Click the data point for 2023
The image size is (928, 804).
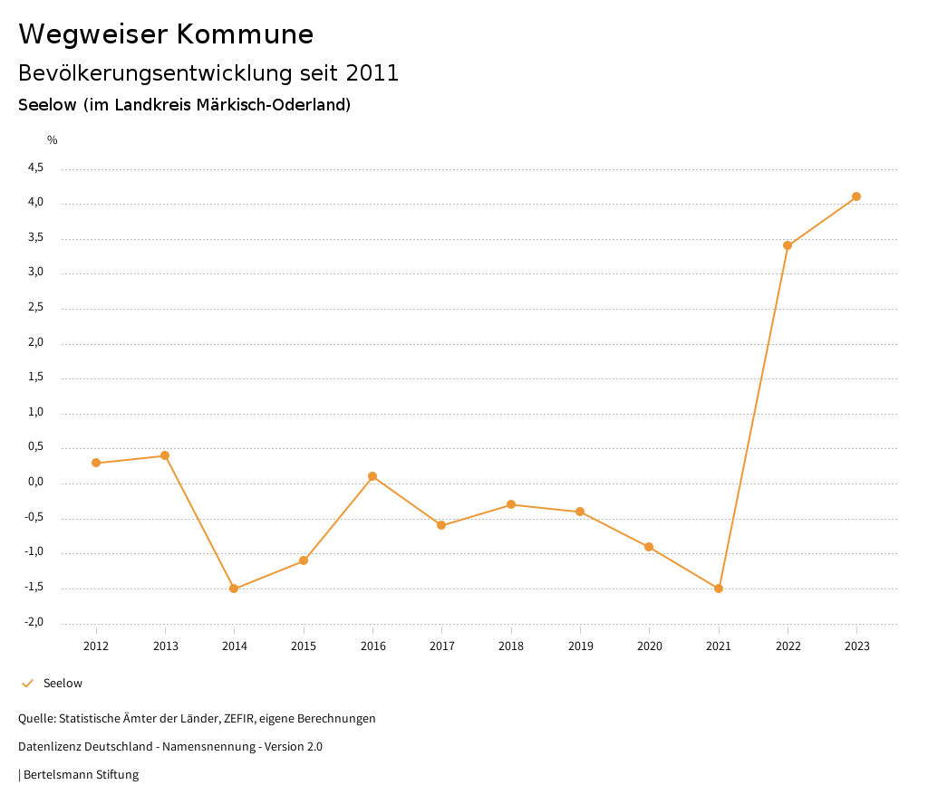856,196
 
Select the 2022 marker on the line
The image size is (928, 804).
788,245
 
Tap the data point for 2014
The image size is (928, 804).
234,589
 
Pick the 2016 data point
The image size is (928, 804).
372,476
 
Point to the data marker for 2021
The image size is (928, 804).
719,589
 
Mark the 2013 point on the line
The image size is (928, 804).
165,455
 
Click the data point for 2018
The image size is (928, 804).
511,504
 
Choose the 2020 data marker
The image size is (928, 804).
649,547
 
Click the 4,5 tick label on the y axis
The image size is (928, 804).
36,167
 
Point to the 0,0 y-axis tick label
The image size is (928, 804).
36,483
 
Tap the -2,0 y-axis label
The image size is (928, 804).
35,622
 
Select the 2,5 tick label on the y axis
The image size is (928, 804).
36,308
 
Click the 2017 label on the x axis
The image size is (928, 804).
442,646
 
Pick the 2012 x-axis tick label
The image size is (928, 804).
96,646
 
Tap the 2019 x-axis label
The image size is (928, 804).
580,646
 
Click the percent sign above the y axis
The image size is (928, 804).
53,139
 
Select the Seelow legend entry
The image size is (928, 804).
62,683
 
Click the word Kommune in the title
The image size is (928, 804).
245,34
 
